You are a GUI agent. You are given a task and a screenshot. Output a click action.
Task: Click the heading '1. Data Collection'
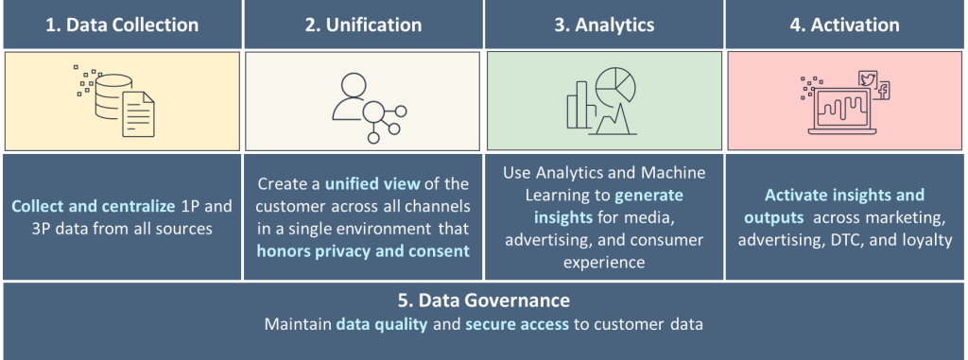pos(122,25)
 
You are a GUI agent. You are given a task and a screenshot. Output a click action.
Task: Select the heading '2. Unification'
pos(363,25)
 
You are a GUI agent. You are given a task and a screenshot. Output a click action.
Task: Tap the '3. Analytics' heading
pos(604,25)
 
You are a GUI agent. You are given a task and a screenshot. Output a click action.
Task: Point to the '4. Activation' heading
pos(844,25)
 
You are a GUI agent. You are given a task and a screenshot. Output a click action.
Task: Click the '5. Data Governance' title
pos(483,300)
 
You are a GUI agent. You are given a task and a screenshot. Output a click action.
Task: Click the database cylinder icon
pos(113,94)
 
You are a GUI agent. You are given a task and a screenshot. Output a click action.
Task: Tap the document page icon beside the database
pos(138,114)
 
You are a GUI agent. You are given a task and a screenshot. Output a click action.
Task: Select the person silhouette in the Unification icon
pos(350,97)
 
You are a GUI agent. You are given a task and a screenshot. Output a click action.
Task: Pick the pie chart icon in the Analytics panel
pos(615,84)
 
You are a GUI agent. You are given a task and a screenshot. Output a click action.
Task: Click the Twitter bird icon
pos(868,79)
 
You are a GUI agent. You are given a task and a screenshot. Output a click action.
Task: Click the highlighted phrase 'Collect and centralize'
pos(94,206)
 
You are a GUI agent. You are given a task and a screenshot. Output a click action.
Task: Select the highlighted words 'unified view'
pos(372,183)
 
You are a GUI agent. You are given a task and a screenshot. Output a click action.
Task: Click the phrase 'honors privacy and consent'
pos(363,250)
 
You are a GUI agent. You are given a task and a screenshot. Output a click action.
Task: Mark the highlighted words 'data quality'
pos(382,324)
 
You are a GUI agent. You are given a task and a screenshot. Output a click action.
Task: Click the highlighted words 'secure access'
pos(517,324)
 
